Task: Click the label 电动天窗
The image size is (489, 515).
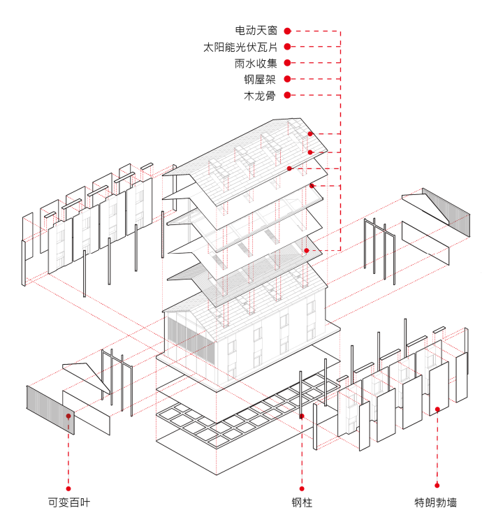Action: click(x=256, y=31)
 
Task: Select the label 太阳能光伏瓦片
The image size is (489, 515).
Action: click(x=240, y=47)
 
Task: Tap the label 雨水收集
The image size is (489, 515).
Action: click(x=256, y=64)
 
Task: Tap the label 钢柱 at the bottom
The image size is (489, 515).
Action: click(x=302, y=502)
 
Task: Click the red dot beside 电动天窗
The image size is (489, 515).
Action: click(x=287, y=31)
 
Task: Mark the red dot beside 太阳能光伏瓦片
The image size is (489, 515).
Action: click(x=287, y=47)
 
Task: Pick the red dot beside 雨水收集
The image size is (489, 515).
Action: click(x=287, y=64)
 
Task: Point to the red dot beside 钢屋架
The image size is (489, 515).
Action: click(x=287, y=80)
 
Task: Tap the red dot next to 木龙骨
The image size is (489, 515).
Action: click(x=287, y=96)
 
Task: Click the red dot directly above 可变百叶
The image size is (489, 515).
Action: click(x=68, y=488)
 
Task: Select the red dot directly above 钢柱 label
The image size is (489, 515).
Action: click(x=302, y=488)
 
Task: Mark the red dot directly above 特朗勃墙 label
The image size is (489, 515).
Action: click(x=437, y=485)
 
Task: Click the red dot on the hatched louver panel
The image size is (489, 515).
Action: click(x=68, y=416)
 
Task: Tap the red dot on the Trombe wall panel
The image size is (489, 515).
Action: click(x=437, y=409)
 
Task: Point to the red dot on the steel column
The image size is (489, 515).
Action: click(x=302, y=416)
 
